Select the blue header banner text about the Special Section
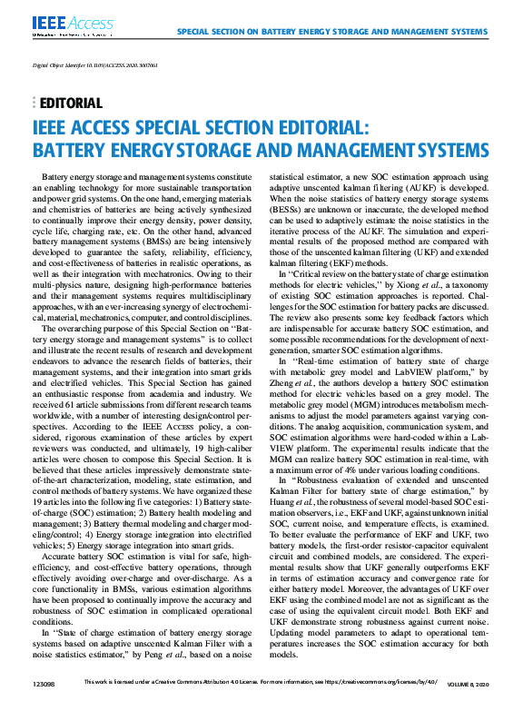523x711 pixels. [x=331, y=31]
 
